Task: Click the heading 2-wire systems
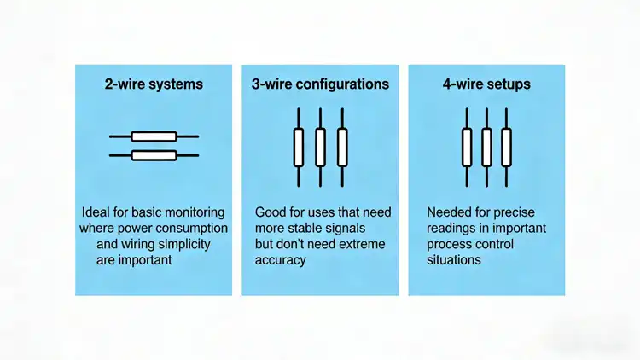click(x=154, y=84)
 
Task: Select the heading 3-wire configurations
click(x=320, y=84)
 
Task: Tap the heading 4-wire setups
click(x=486, y=84)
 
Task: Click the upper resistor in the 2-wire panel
click(x=154, y=136)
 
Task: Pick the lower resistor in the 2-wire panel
click(x=154, y=155)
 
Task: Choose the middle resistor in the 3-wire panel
click(x=320, y=147)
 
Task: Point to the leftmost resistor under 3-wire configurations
click(x=299, y=147)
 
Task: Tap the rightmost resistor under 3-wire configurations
click(x=342, y=147)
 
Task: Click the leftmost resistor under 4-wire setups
click(x=467, y=147)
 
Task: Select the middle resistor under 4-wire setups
click(x=486, y=147)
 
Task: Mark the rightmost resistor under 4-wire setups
click(x=506, y=147)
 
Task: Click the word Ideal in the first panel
click(x=96, y=212)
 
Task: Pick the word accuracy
click(x=280, y=261)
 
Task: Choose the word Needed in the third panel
click(x=447, y=212)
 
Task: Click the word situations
click(x=453, y=261)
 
